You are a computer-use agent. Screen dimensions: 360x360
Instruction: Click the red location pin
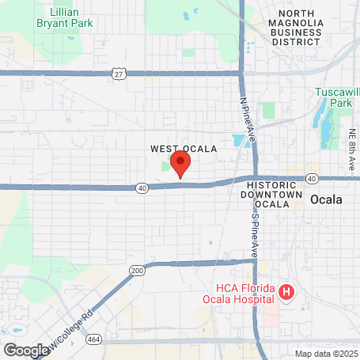[x=181, y=165]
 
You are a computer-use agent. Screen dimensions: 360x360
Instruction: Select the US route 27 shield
[x=118, y=74]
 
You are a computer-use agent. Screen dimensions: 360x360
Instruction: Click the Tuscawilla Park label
[x=339, y=98]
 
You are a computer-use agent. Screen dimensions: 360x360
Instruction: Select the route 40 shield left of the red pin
[x=141, y=187]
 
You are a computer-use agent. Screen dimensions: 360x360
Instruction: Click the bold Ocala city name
[x=327, y=199]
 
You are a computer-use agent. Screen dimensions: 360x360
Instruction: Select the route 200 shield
[x=138, y=270]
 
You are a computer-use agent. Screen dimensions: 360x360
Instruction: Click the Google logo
[x=26, y=349]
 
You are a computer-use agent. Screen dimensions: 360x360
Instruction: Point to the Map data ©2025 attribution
[x=326, y=354]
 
